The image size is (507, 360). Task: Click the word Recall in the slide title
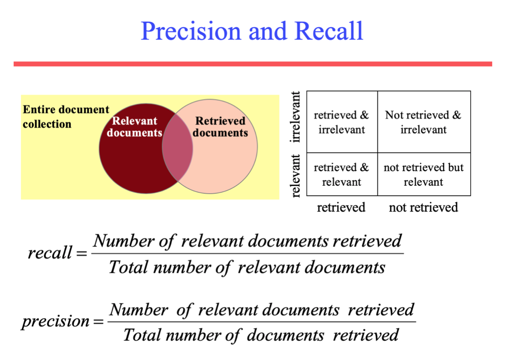coord(329,31)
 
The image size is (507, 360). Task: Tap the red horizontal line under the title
coord(253,64)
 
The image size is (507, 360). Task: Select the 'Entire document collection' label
coord(66,117)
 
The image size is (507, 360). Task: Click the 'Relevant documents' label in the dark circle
coord(134,127)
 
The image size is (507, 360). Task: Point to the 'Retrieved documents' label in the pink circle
coord(220,127)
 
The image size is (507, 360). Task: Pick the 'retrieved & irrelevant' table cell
coord(342,122)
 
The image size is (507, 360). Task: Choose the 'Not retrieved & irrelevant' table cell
coord(423,122)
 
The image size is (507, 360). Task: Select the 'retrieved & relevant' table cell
coord(342,175)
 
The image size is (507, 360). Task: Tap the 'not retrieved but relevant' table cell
coord(423,175)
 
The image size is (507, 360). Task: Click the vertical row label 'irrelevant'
coord(296,117)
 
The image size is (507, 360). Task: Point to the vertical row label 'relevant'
coord(296,175)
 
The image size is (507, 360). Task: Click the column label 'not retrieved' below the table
coord(423,207)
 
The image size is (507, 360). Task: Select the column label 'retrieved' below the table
coord(341,207)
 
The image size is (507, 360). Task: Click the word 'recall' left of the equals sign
coord(50,253)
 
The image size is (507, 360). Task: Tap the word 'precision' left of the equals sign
coord(55,321)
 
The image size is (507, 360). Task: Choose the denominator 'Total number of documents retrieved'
coord(261,335)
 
